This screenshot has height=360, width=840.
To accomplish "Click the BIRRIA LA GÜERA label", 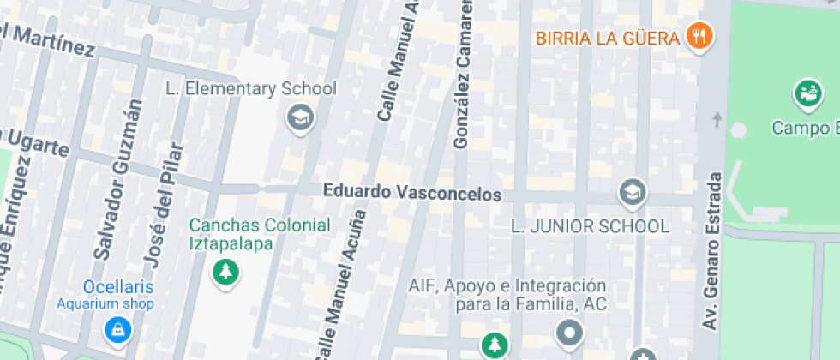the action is tap(608, 38).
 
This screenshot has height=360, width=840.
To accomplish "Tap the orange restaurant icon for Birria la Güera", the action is tap(700, 37).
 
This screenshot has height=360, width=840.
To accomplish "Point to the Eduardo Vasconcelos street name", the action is tap(411, 194).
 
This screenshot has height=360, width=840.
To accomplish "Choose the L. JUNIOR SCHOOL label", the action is tap(590, 227).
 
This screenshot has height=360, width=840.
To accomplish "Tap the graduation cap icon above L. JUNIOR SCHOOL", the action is tap(632, 191).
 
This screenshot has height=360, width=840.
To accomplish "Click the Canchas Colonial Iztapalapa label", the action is tap(259, 234).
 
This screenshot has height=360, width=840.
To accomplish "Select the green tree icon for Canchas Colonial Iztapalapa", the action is tap(226, 273).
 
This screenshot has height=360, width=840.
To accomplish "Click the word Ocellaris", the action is tap(118, 286).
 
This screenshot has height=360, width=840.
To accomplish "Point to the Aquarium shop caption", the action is tap(105, 303).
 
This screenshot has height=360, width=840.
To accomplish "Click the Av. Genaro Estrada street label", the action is tap(712, 249).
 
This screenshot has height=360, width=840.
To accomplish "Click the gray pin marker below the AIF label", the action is tap(569, 330).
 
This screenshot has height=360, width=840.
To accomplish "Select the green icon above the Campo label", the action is tap(807, 92).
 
